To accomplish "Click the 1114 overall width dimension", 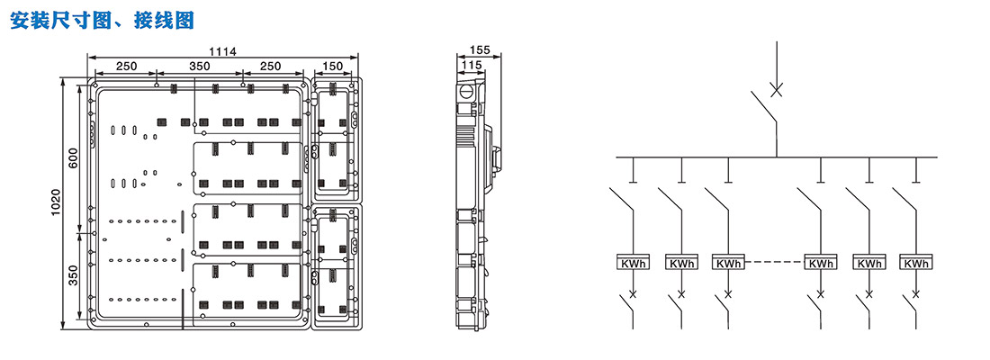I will coord(222,52).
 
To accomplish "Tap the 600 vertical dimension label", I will coord(73,158).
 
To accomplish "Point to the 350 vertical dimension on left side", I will coord(73,274).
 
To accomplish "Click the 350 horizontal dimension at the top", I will coord(200,67).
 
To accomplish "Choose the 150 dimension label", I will coord(332,67).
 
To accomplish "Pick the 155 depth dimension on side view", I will coord(480,51).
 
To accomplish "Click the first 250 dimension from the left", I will coord(126,67).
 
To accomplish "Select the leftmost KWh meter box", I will coord(634,264).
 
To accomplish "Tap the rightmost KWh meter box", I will coord(916,264).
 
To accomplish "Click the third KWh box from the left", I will coord(728,264).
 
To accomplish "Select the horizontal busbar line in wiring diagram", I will coord(776,157).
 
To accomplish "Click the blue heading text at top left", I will coord(101,20).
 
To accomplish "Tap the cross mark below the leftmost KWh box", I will coord(634,294).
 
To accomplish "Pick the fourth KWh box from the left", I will coord(820,264).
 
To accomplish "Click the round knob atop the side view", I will coord(466,91).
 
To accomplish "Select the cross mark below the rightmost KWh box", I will coord(916,294).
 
